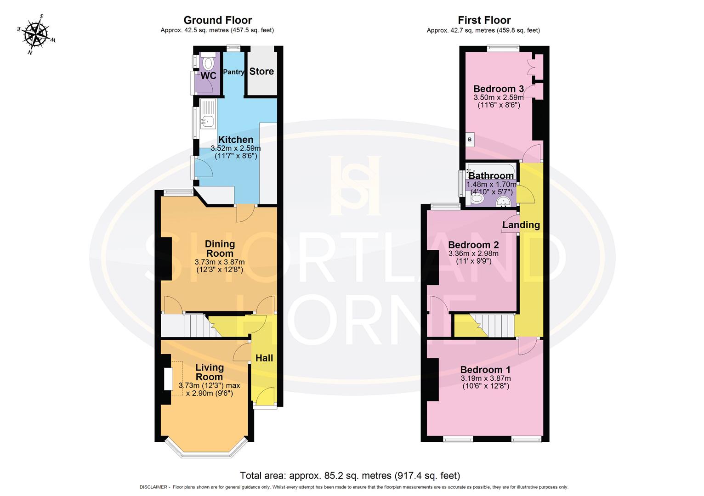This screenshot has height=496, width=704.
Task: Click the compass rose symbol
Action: tap(36, 34)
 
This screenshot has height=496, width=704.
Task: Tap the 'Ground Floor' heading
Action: tap(217, 20)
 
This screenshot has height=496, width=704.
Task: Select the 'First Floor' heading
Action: tap(484, 20)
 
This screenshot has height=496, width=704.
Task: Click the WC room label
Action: tap(208, 76)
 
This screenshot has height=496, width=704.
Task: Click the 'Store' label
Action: tap(261, 72)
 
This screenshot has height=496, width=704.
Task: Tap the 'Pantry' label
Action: tap(233, 72)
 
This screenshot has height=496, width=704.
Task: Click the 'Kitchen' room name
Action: tap(235, 140)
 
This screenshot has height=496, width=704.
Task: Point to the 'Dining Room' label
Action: tap(220, 248)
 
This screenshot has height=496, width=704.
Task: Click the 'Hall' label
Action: tap(264, 358)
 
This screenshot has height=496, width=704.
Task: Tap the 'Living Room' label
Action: tap(210, 372)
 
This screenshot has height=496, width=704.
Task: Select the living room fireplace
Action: tap(169, 379)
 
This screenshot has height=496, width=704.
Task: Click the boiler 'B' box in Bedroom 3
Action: tap(470, 139)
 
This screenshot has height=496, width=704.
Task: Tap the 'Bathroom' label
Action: tap(491, 176)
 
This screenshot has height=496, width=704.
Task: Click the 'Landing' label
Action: tap(521, 225)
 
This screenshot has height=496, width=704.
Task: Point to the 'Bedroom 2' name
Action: tap(473, 245)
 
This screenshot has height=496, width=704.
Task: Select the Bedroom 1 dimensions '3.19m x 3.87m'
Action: tap(486, 378)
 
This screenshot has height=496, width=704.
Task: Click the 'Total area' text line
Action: tap(350, 475)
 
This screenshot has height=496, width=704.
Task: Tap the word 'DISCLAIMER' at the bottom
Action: tap(154, 487)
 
